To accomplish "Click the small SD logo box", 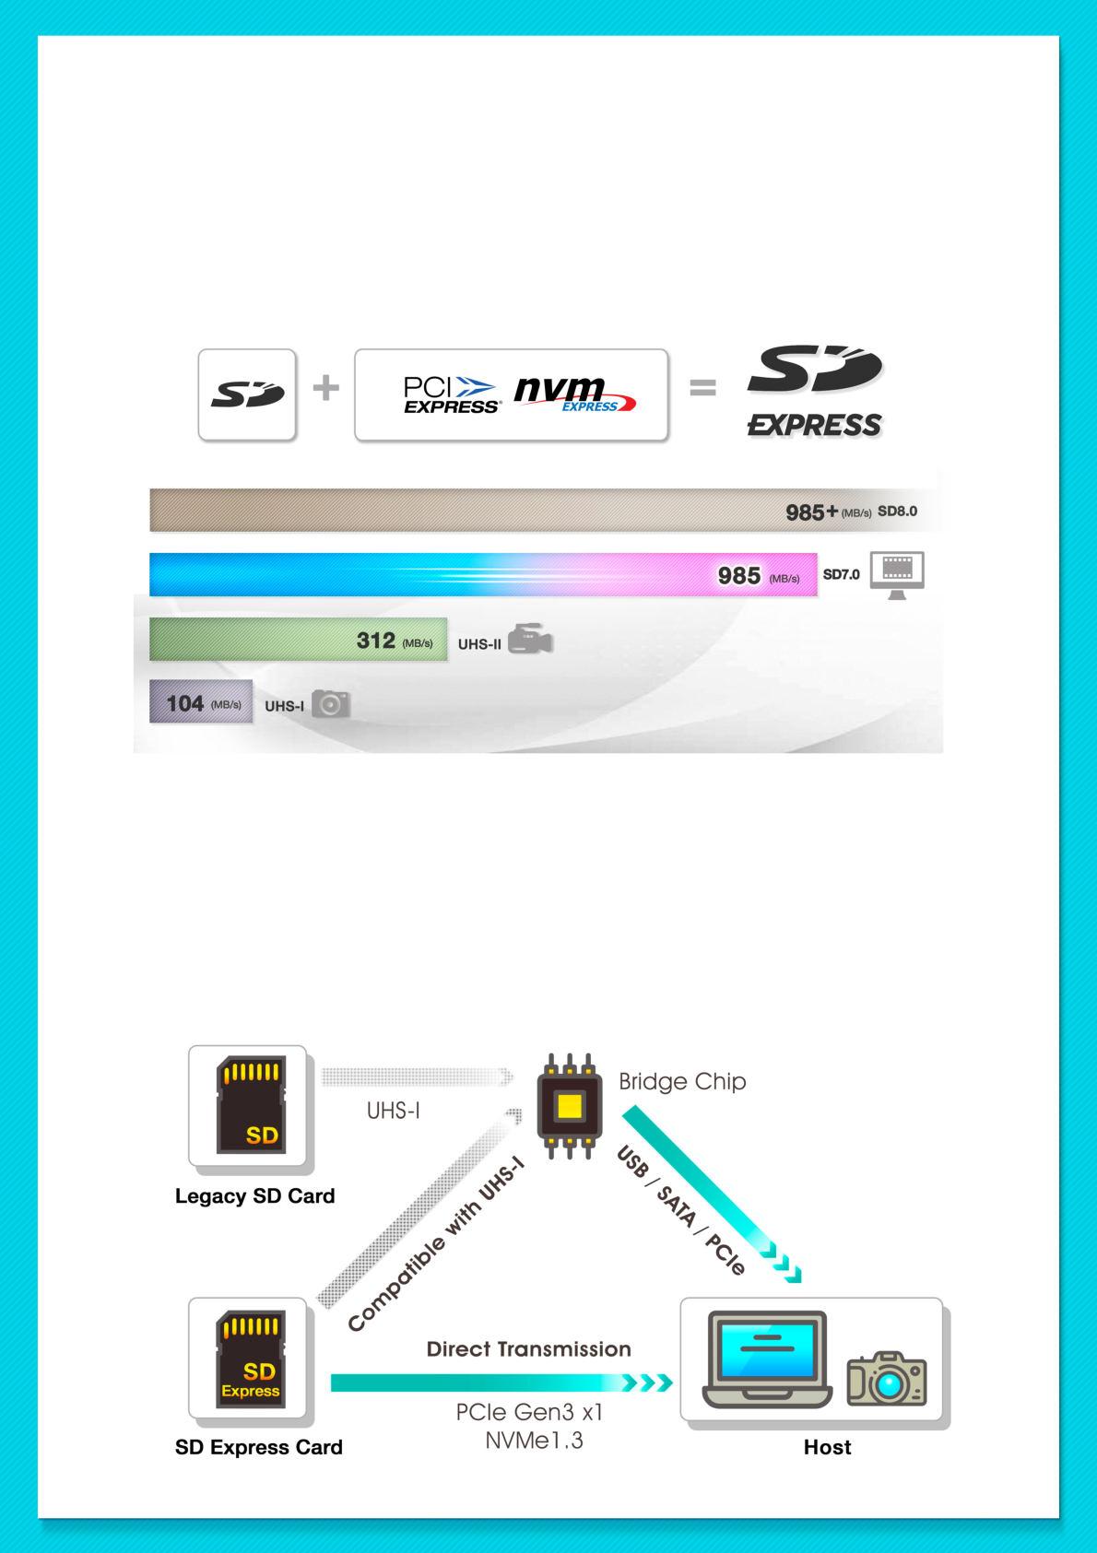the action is (x=247, y=394).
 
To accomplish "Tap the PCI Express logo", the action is (x=451, y=394).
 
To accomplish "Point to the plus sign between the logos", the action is (x=325, y=388).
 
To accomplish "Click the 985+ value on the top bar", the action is (x=811, y=512).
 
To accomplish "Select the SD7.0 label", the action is (x=841, y=574).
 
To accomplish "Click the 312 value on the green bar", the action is (x=376, y=641).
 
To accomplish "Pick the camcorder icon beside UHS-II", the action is (x=530, y=641).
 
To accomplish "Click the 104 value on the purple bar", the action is (x=184, y=704).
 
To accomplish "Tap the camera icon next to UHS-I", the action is (x=331, y=704).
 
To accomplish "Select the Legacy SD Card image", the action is (x=248, y=1105).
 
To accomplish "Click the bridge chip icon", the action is (x=569, y=1105).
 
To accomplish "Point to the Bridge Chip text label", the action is (x=682, y=1081).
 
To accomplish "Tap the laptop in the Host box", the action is (x=766, y=1360).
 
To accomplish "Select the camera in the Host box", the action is (x=887, y=1379).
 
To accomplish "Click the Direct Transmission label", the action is (x=528, y=1349).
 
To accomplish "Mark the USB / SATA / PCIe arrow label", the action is (x=680, y=1209).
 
